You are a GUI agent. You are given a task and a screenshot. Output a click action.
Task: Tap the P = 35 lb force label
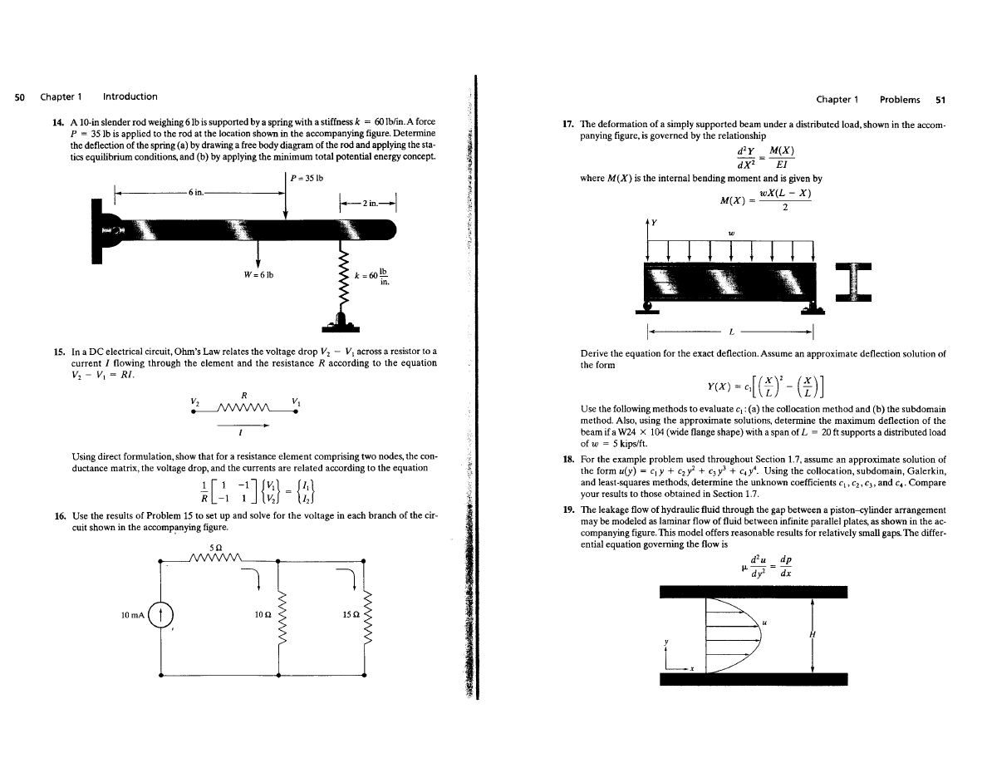(x=307, y=178)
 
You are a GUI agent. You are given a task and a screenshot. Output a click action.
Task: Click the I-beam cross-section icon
(x=847, y=283)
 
